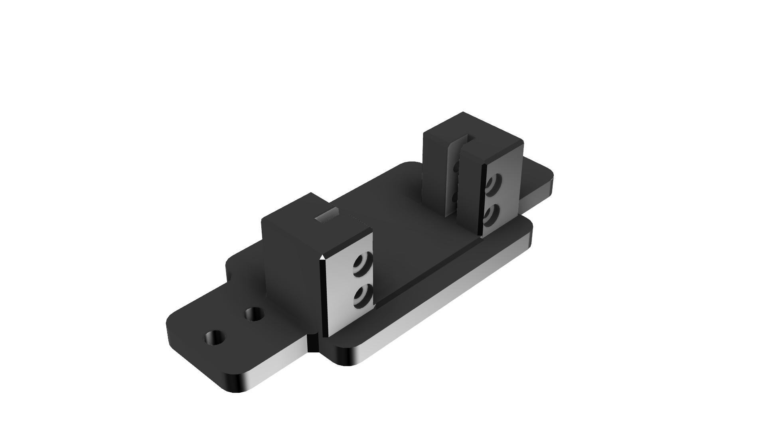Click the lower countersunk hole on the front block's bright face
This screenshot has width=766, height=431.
pos(363,297)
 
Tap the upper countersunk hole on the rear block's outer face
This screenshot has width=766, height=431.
pos(494,184)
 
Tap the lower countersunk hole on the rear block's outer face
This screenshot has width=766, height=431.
pos(491,215)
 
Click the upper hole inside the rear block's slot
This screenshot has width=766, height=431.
pos(456,168)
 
